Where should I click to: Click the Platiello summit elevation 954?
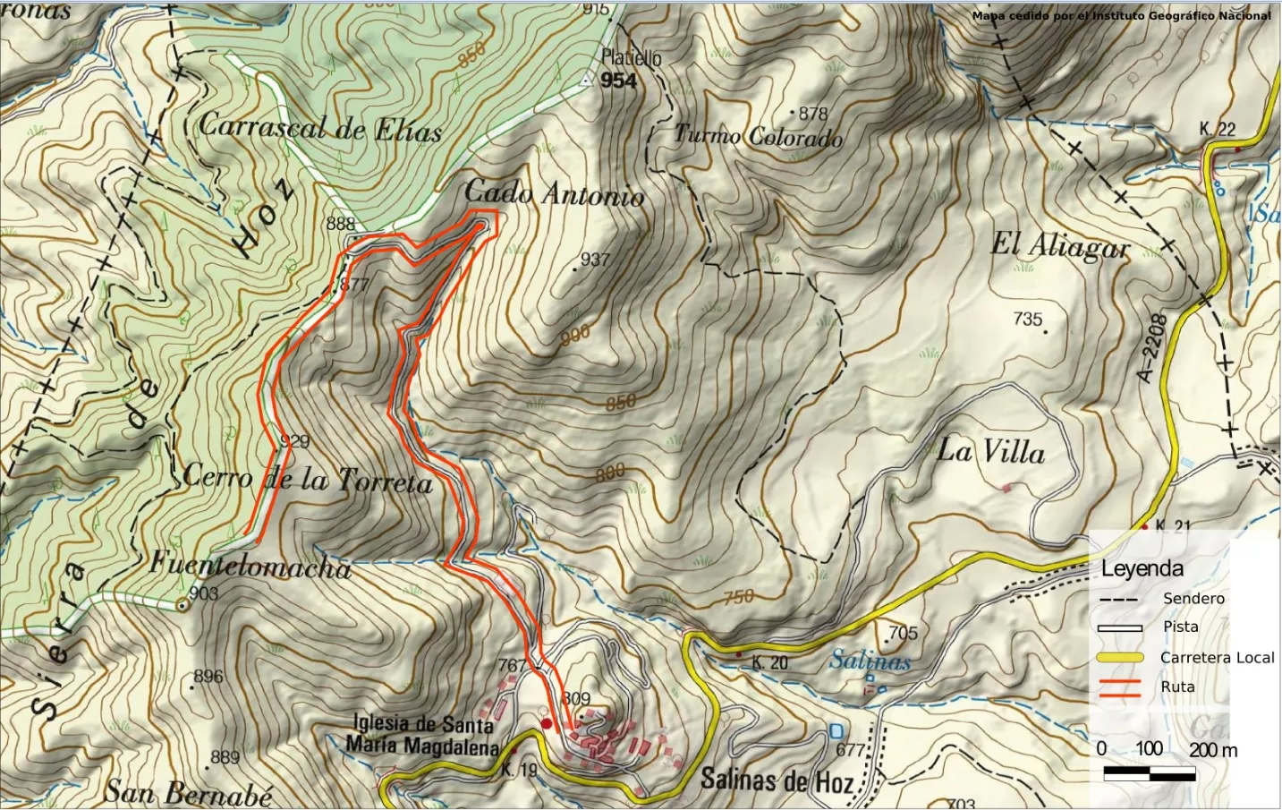pyautogui.click(x=618, y=81)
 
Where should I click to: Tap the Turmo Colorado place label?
pyautogui.click(x=758, y=136)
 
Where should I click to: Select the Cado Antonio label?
pyautogui.click(x=554, y=193)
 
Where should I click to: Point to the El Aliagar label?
pyautogui.click(x=1060, y=245)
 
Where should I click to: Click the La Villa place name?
pyautogui.click(x=991, y=451)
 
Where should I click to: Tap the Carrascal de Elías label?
pyautogui.click(x=320, y=127)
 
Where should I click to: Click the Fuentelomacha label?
pyautogui.click(x=250, y=566)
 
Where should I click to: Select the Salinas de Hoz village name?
pyautogui.click(x=777, y=780)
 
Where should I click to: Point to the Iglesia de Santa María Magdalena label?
pyautogui.click(x=422, y=734)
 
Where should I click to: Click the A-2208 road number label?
pyautogui.click(x=1151, y=348)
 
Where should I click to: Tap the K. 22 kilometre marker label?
pyautogui.click(x=1217, y=130)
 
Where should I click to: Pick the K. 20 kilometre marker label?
pyautogui.click(x=769, y=662)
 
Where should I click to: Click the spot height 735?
pyautogui.click(x=1028, y=319)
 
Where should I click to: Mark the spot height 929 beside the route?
pyautogui.click(x=294, y=441)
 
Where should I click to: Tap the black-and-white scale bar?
pyautogui.click(x=1149, y=774)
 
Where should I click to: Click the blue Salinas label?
pyautogui.click(x=870, y=661)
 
